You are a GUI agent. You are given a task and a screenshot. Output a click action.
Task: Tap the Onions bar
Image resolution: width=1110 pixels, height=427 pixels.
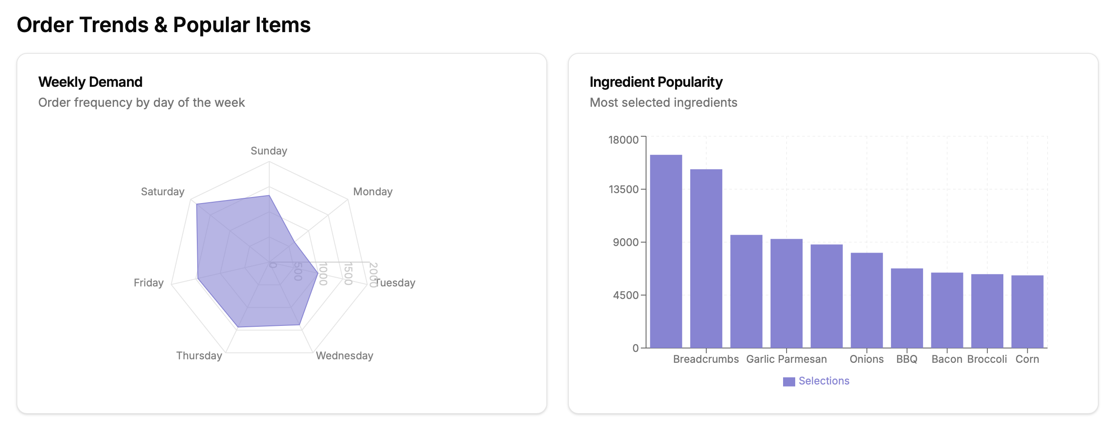click(866, 300)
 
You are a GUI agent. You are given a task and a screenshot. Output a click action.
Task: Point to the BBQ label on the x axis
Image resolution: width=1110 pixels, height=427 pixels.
click(907, 359)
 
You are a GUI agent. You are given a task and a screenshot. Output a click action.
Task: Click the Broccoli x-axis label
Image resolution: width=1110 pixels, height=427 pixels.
click(987, 359)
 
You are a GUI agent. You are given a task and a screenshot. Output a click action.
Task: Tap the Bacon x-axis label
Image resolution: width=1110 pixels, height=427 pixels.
click(947, 359)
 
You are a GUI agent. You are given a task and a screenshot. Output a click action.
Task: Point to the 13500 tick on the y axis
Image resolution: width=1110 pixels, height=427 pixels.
click(624, 189)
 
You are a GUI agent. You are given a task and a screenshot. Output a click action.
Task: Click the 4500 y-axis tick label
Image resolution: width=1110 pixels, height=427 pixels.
click(626, 295)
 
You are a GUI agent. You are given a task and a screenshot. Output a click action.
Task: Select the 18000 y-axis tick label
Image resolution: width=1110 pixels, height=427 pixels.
click(624, 140)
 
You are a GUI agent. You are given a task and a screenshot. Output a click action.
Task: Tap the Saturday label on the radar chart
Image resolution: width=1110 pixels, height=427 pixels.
click(163, 192)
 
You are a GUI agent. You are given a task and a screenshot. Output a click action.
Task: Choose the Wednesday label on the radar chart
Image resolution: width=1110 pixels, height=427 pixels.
click(344, 356)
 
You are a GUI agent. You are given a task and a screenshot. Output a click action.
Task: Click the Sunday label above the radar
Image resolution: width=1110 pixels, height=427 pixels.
click(269, 151)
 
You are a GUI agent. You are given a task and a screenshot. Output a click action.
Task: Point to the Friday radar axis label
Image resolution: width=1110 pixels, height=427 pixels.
click(149, 283)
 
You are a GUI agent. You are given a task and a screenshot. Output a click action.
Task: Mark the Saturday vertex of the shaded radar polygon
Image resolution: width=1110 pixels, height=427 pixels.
click(197, 204)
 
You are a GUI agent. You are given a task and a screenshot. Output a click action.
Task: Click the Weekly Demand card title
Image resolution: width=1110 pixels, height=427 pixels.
click(90, 82)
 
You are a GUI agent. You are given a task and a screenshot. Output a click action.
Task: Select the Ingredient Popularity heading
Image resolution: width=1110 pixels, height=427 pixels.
click(656, 82)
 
